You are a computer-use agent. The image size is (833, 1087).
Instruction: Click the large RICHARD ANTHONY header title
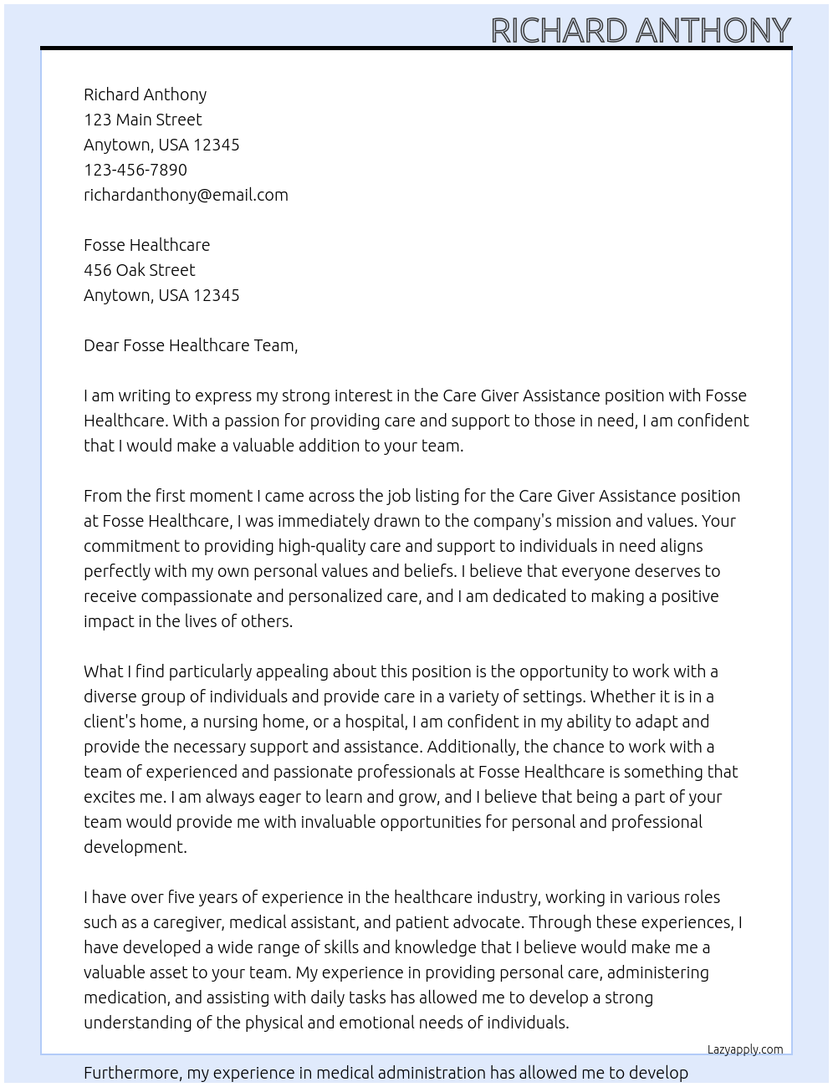[x=640, y=30]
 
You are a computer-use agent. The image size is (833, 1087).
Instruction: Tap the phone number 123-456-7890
[x=135, y=170]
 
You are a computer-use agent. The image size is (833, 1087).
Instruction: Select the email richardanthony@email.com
[x=186, y=195]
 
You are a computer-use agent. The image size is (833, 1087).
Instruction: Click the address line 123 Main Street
[x=142, y=120]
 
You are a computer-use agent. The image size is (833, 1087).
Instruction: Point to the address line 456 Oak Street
[x=139, y=270]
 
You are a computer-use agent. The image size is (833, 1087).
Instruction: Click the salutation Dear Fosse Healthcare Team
[x=191, y=345]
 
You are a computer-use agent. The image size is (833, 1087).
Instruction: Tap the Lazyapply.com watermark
[x=745, y=1049]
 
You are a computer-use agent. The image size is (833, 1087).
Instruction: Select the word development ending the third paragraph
[x=134, y=847]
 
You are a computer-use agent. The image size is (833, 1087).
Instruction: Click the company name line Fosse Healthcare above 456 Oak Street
[x=146, y=245]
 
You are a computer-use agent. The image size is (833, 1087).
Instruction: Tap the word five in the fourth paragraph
[x=181, y=897]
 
